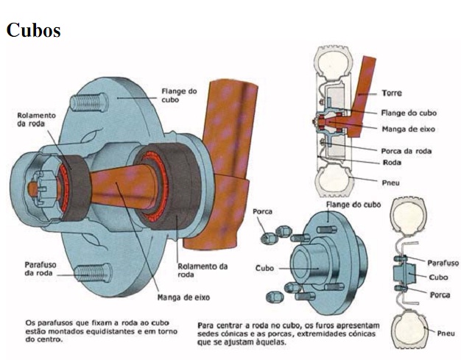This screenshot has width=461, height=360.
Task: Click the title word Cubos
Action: pos(33,30)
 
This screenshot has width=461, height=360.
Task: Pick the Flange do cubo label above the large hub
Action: pos(179,95)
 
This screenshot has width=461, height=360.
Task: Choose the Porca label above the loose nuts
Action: pos(262,211)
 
